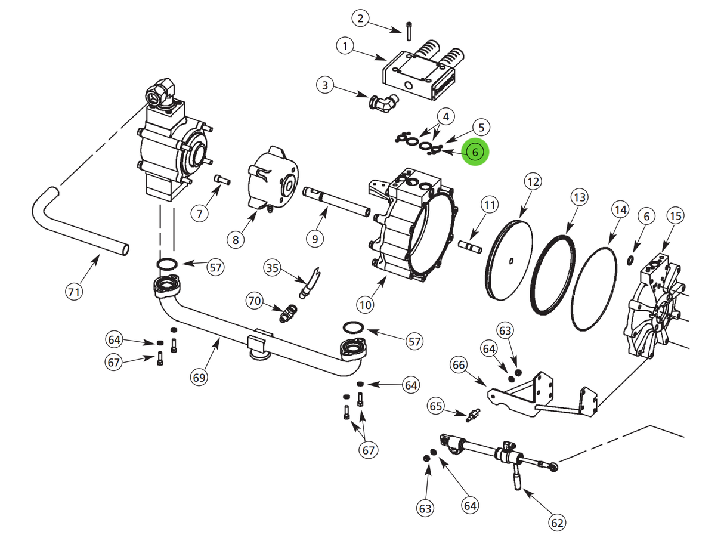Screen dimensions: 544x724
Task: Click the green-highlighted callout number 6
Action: click(475, 152)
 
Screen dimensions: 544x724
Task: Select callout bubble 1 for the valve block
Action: click(345, 45)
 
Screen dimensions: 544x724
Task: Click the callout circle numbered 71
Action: click(73, 292)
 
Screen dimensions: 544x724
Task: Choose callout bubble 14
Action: click(620, 209)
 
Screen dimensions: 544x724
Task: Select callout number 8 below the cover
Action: click(236, 239)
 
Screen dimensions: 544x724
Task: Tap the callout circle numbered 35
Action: click(273, 268)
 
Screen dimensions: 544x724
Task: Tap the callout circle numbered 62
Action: click(556, 523)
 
